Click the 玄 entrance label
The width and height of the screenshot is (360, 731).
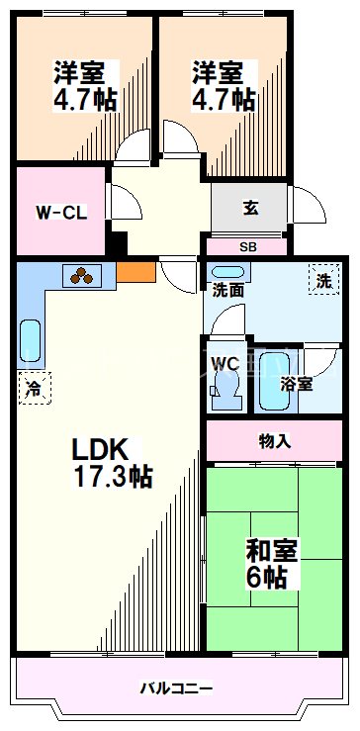(x=251, y=209)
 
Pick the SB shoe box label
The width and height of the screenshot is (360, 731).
(x=247, y=246)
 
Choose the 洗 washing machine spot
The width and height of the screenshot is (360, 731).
(x=323, y=280)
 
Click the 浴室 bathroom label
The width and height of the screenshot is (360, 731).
(x=297, y=383)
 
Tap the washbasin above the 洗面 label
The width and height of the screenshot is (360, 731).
(x=227, y=271)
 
